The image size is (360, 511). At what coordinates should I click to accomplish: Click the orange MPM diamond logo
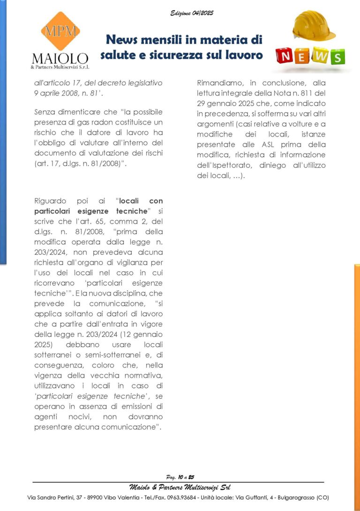[x=60, y=31]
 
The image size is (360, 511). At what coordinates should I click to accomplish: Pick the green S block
[x=337, y=57]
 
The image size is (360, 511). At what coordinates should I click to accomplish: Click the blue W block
[x=320, y=55]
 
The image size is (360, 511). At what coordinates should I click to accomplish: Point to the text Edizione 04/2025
[x=192, y=13]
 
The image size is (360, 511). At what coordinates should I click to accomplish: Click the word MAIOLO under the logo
[x=60, y=59]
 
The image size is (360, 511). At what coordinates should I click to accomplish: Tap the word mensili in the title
[x=164, y=39]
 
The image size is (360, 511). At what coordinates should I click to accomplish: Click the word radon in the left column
[x=101, y=122]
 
